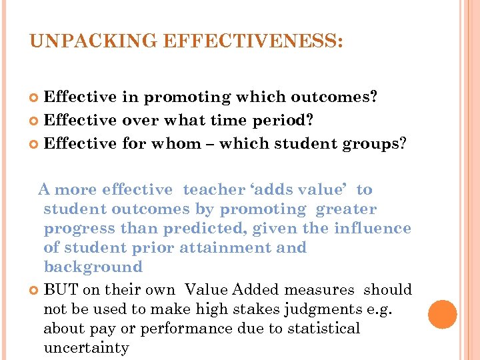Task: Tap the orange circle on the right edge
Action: tap(443, 315)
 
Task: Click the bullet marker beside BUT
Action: tap(35, 290)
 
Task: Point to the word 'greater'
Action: tap(347, 209)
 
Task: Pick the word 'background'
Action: tap(93, 267)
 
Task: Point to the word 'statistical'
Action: tap(321, 329)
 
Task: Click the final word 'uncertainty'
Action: tap(86, 348)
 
